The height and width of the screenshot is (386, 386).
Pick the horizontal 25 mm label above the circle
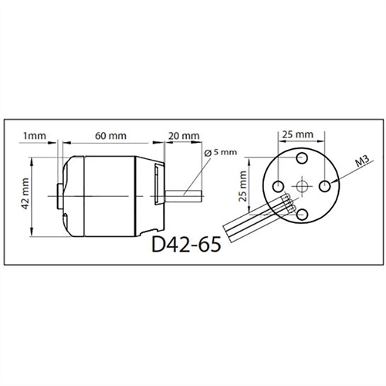[297, 135]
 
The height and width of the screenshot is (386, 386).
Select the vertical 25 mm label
[242, 185]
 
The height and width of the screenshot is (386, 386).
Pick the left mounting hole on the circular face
[274, 187]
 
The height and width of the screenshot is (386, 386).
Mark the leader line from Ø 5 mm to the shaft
[199, 171]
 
